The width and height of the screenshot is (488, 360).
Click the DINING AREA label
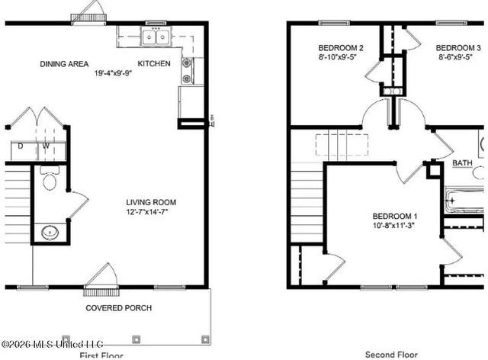(x=65, y=64)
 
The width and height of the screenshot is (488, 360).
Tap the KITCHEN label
(x=154, y=64)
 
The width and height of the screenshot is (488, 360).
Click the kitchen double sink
(x=156, y=36)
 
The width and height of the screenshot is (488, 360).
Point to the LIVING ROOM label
(x=151, y=203)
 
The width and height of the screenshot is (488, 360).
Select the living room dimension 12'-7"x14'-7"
(x=151, y=213)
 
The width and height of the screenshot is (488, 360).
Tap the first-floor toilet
(x=50, y=181)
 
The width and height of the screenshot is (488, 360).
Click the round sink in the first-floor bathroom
(x=50, y=232)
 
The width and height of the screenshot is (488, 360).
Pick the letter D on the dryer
(x=21, y=146)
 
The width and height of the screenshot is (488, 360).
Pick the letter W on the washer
(x=46, y=146)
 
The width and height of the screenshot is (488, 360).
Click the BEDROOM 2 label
(x=340, y=48)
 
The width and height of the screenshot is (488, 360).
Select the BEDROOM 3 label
(x=457, y=48)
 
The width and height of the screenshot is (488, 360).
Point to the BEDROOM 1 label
(x=394, y=216)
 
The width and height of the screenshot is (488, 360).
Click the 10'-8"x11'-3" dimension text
(x=394, y=226)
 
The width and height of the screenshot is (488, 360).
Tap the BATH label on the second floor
(x=462, y=163)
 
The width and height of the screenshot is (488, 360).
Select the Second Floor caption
(x=390, y=354)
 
